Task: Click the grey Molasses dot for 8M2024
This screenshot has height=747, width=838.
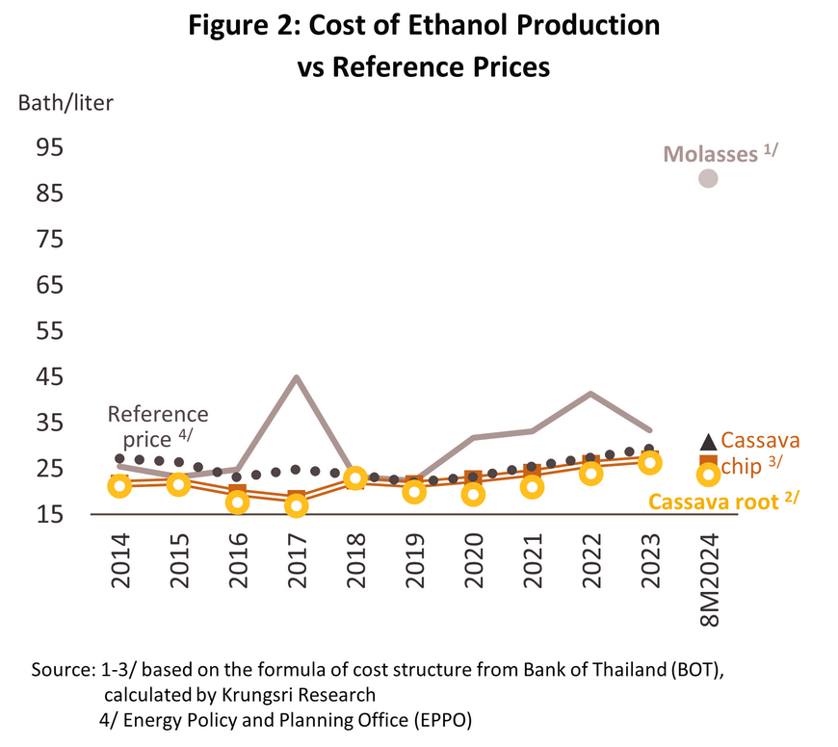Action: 708,178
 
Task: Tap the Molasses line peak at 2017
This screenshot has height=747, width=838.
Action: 297,376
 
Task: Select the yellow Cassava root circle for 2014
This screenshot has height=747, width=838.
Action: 119,486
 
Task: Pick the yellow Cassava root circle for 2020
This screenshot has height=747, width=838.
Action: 472,495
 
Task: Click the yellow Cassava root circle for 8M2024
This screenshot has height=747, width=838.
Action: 708,475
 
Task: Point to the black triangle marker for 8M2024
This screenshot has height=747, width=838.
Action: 708,442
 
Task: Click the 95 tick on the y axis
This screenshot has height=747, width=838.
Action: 50,147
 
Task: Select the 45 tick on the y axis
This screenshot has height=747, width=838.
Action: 50,377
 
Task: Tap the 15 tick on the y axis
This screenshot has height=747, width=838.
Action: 50,515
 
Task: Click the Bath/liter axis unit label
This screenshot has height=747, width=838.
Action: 65,103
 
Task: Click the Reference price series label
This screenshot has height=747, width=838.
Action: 157,425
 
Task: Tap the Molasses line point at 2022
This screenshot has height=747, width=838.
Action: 590,393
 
